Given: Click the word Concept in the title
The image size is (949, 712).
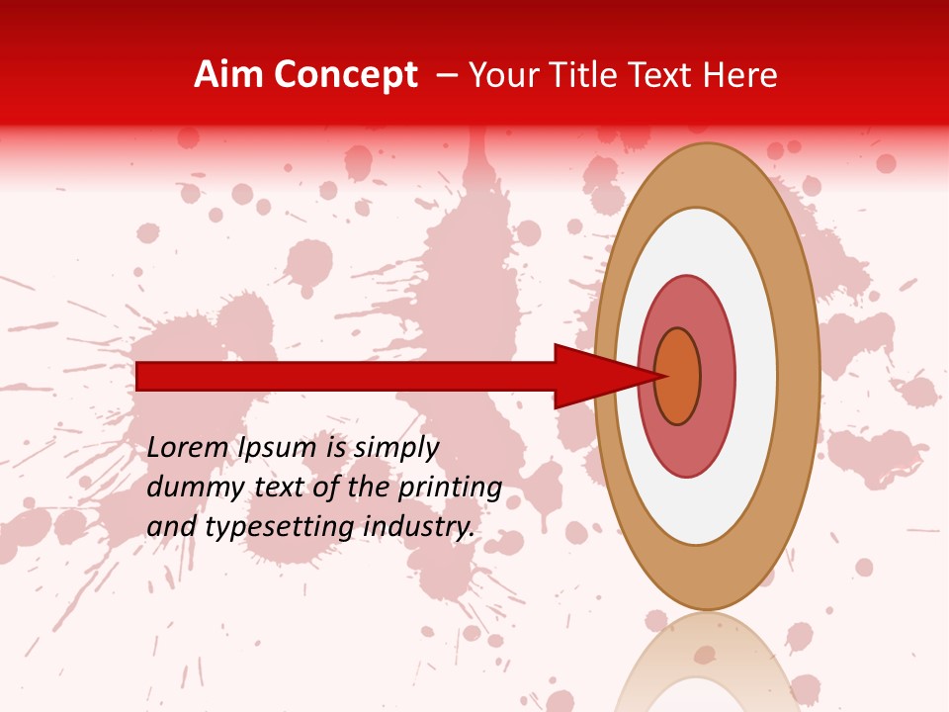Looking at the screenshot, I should click(x=345, y=75).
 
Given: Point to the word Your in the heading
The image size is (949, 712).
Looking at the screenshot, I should click(x=503, y=75).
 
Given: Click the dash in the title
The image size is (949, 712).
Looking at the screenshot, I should click(x=446, y=75).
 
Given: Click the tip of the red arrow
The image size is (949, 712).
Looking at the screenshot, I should click(x=664, y=376).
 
